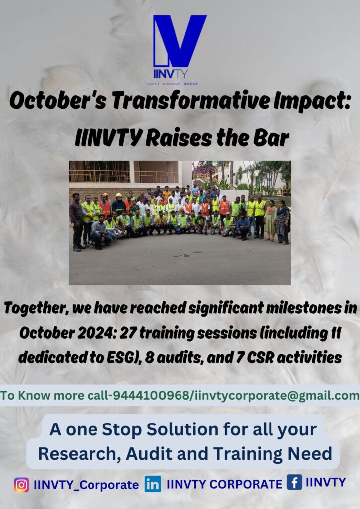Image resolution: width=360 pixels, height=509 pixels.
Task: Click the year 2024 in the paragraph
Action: (96, 333)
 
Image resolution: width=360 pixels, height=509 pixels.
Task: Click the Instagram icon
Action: (21, 485)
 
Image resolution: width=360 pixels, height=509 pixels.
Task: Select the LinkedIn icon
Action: (153, 484)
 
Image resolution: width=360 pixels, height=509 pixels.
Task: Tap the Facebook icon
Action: (294, 482)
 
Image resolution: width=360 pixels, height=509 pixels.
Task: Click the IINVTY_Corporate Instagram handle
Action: (87, 485)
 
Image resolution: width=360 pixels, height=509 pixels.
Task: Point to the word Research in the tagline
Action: (76, 453)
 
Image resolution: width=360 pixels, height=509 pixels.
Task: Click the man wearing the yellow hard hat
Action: (119, 203)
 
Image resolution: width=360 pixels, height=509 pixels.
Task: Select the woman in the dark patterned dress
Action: (283, 222)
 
